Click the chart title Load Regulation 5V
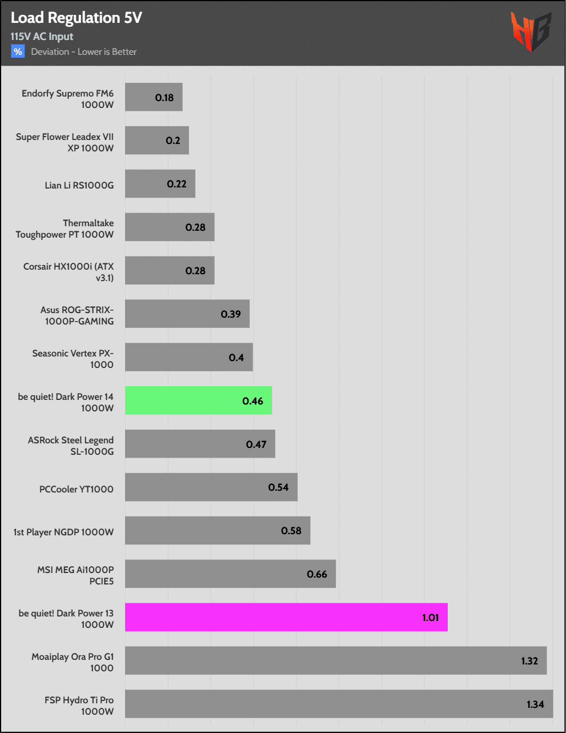tap(76, 18)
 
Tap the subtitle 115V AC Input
tap(42, 37)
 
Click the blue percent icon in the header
tap(18, 51)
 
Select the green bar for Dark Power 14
tap(198, 400)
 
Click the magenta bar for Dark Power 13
tap(286, 617)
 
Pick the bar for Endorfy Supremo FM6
tap(154, 97)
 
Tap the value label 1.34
tap(535, 704)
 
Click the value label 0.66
tap(317, 574)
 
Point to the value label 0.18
tap(164, 98)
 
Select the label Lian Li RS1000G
tap(79, 185)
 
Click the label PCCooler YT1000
tap(77, 489)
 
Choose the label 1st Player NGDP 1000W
tap(63, 532)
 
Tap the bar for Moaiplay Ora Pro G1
tap(335, 660)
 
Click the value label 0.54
tap(279, 487)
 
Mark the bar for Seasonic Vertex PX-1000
tap(188, 357)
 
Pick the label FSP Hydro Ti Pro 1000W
tap(79, 706)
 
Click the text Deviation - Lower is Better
tap(84, 51)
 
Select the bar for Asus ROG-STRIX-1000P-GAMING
tap(187, 314)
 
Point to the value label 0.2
tap(173, 141)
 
